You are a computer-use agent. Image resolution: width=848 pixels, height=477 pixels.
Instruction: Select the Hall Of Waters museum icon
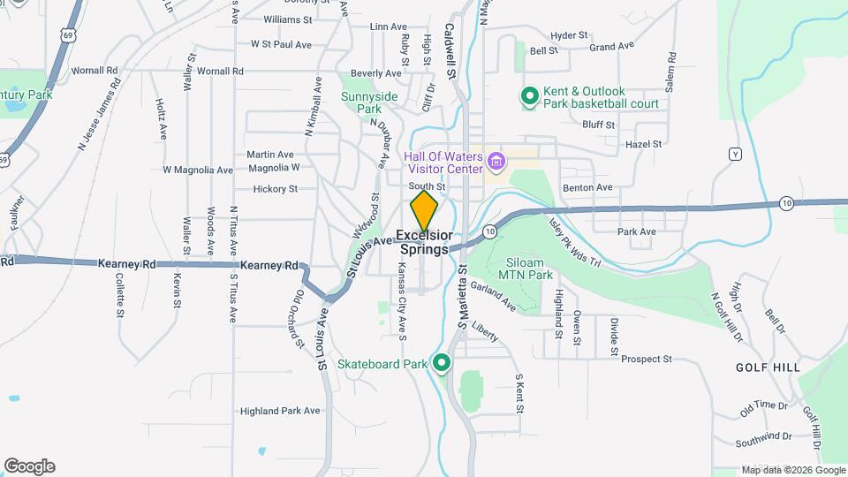coord(496,162)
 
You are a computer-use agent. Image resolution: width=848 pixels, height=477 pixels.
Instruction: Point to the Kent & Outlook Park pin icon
coord(529,96)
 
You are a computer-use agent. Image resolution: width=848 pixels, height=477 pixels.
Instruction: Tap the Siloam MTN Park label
coord(526,269)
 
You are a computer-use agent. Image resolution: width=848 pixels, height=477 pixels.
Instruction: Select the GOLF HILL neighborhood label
coord(768,367)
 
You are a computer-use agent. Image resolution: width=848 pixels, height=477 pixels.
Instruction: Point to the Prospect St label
coord(647,360)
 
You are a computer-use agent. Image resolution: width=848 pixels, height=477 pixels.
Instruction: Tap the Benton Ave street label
coord(592,187)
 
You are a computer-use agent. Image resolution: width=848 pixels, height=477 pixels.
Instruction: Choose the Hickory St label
coord(275,188)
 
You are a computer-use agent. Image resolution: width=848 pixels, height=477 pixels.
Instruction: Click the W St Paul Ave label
coord(281,43)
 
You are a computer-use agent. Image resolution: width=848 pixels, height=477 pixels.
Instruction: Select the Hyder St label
coord(569,35)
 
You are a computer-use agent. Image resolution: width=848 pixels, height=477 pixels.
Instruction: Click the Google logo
coord(29,466)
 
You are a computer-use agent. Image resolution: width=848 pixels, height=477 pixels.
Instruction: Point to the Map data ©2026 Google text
coord(792,470)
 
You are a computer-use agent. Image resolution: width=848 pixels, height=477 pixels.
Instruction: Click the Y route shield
coord(734,155)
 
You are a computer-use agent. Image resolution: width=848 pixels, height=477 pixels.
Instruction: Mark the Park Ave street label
coord(636,231)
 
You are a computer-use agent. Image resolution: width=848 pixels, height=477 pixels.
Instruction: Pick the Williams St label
coord(288,19)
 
